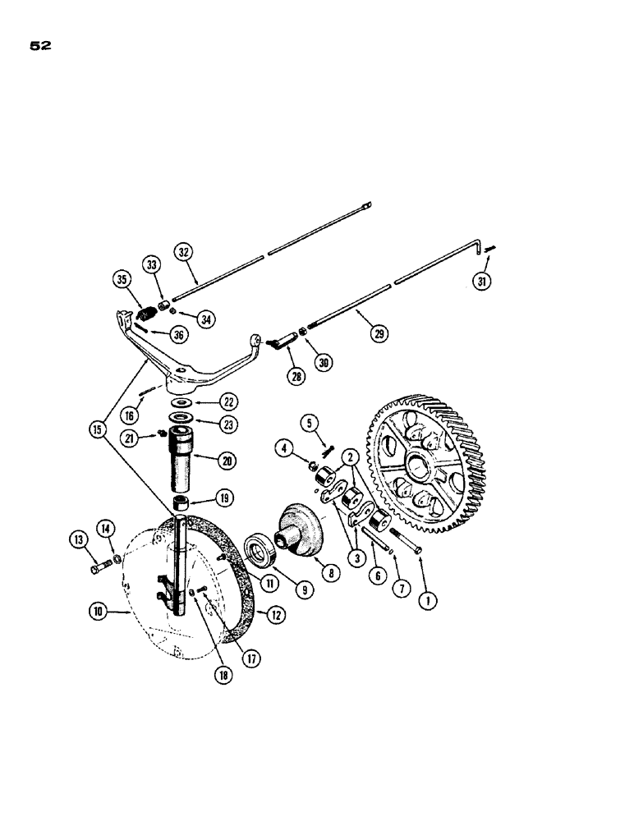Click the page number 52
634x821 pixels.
(41, 47)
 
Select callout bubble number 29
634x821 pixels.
(380, 333)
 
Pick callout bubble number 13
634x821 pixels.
(79, 539)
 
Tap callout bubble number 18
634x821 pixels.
(222, 676)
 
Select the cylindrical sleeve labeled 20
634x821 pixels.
(180, 463)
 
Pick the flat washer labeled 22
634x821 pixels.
(180, 403)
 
